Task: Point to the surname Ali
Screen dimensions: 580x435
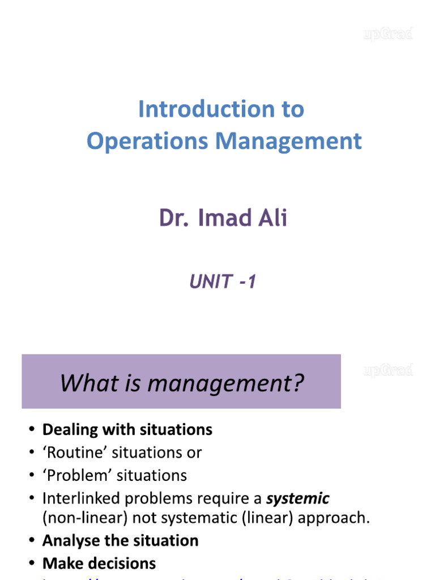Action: [x=273, y=218]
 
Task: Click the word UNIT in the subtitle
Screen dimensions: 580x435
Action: [x=210, y=281]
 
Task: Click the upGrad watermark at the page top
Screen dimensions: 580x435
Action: [x=388, y=34]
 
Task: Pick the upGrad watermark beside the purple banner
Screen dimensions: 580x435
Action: [x=388, y=371]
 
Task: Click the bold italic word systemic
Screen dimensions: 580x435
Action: [x=298, y=498]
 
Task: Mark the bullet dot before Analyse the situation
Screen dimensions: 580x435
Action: [x=32, y=541]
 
